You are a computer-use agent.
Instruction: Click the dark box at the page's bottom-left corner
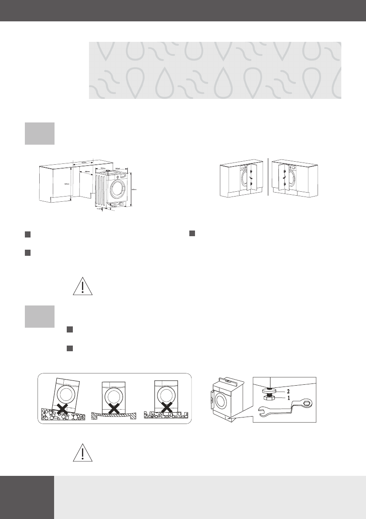(27, 497)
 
